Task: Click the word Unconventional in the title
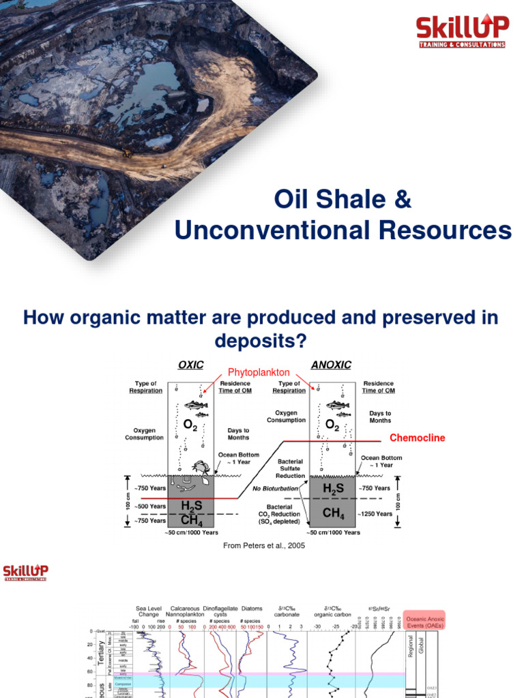coord(263,230)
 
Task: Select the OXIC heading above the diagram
coord(191,365)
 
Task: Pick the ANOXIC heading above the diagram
coord(331,365)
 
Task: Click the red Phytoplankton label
coord(259,373)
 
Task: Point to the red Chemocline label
coord(417,438)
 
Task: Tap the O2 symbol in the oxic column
coord(190,426)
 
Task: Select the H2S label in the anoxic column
coord(333,489)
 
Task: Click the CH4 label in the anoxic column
coord(333,512)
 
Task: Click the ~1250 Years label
coord(374,514)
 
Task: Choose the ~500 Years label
coord(149,506)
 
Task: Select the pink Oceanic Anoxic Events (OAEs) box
coord(424,619)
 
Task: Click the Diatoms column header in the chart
coord(251,608)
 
